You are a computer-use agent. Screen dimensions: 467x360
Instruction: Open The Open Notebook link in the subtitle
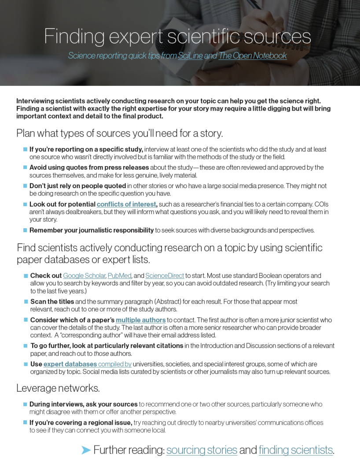[253, 56]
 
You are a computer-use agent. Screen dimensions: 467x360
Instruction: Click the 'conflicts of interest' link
[127, 204]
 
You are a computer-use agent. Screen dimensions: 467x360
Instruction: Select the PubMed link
[119, 276]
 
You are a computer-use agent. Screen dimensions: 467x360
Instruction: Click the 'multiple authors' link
[141, 320]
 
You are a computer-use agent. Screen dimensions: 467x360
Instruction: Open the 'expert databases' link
[70, 364]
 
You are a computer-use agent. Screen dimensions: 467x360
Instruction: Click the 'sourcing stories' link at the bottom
[202, 450]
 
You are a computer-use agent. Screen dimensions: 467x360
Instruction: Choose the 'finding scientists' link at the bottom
[296, 450]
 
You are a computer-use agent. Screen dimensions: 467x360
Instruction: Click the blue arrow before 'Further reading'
[86, 450]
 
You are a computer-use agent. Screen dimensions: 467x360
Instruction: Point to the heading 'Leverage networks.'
[58, 388]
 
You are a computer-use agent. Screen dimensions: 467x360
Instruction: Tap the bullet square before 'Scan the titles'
[26, 302]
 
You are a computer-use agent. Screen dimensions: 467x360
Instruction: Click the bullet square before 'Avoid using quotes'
[25, 167]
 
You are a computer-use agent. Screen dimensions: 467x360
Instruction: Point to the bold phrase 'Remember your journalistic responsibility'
[92, 230]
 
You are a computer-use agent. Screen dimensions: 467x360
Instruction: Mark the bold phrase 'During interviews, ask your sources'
[84, 404]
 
